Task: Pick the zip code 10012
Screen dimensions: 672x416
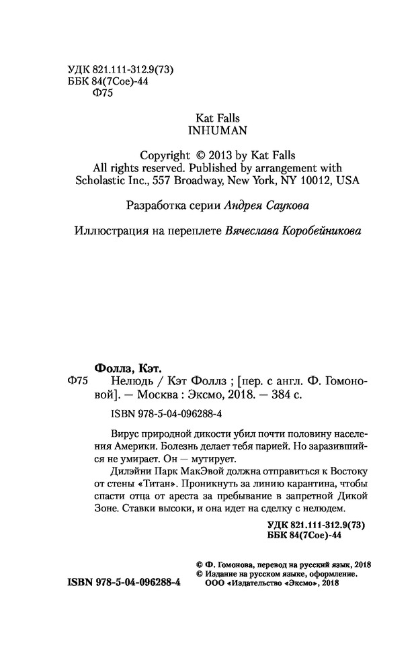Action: [315, 181]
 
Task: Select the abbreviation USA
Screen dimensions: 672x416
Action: [348, 181]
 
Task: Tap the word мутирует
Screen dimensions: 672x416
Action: [212, 460]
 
